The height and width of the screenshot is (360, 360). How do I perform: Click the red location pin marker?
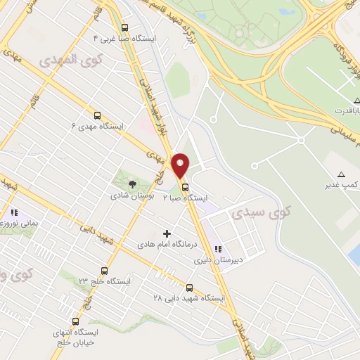(x=181, y=165)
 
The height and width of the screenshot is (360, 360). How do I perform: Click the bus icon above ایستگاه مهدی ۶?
(x=97, y=115)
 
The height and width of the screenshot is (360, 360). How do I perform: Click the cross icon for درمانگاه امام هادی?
(x=167, y=233)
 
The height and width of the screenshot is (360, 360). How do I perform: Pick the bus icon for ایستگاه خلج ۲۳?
(x=105, y=270)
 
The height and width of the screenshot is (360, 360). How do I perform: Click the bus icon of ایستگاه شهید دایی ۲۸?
(x=189, y=287)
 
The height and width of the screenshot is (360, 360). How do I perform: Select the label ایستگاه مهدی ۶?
(x=98, y=127)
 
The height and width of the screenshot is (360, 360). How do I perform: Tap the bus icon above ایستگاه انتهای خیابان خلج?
(x=75, y=321)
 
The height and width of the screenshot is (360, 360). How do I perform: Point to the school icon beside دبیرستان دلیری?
(x=219, y=248)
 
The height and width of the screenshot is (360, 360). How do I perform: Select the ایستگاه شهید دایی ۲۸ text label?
(x=189, y=298)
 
